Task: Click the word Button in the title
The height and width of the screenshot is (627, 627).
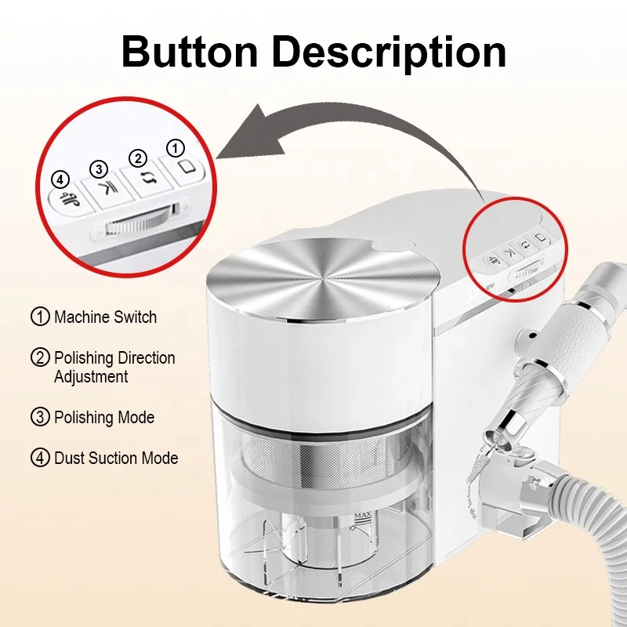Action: (x=190, y=52)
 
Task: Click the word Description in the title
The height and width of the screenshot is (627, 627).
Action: (x=390, y=54)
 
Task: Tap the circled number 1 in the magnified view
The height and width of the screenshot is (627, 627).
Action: (x=175, y=148)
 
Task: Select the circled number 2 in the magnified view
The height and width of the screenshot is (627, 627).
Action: (x=138, y=158)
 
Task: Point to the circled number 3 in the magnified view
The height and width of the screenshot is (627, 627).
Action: (x=99, y=169)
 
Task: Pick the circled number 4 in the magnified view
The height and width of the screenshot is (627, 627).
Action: (x=60, y=180)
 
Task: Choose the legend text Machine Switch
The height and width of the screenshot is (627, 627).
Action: (x=105, y=317)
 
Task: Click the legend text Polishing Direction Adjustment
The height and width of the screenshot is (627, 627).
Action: (x=114, y=367)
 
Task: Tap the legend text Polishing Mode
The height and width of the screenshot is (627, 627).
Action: (x=104, y=418)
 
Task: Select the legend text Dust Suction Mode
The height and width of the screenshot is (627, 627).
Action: (x=116, y=458)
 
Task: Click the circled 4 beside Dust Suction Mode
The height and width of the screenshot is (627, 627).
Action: (x=40, y=458)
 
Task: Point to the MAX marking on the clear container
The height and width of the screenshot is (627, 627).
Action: (x=363, y=516)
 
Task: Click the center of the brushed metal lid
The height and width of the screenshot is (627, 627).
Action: (x=323, y=277)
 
